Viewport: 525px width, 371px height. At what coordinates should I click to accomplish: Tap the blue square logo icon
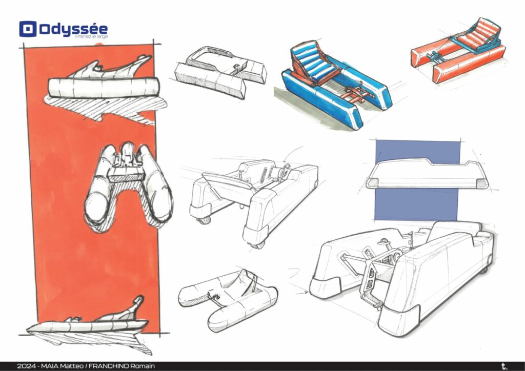point(28,29)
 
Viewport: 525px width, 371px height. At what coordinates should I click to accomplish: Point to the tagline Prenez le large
point(91,36)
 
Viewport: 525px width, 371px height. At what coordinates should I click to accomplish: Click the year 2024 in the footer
point(26,366)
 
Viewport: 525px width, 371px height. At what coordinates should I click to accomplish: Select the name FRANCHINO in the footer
point(109,366)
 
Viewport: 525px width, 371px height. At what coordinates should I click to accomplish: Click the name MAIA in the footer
point(49,366)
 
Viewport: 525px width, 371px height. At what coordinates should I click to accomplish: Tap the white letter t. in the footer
point(504,366)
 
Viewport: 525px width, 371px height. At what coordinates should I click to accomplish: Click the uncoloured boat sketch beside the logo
point(220,72)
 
